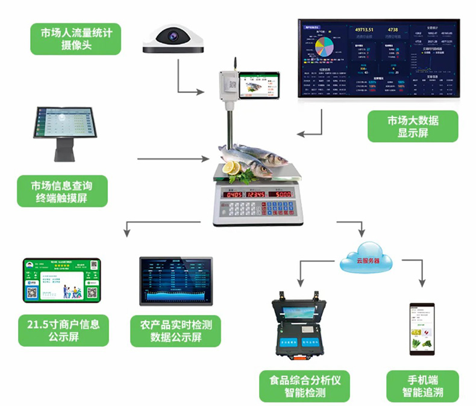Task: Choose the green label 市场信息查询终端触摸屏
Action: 63,191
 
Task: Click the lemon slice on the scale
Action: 230,168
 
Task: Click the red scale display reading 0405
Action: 234,195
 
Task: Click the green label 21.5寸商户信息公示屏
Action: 63,330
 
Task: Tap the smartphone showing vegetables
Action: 422,331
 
